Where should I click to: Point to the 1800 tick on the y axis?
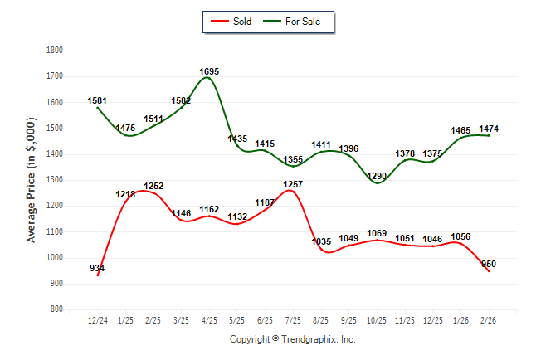pyautogui.click(x=55, y=51)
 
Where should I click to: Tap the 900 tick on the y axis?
pyautogui.click(x=56, y=284)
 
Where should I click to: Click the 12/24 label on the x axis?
pyautogui.click(x=97, y=320)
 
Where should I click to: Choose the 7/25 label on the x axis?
pyautogui.click(x=292, y=320)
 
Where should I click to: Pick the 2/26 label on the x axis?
pyautogui.click(x=489, y=320)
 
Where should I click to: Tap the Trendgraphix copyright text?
pyautogui.click(x=292, y=339)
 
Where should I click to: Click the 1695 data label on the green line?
pyautogui.click(x=209, y=72)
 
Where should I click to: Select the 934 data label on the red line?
pyautogui.click(x=97, y=268)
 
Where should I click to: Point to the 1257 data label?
pyautogui.click(x=293, y=183)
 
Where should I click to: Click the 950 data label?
pyautogui.click(x=489, y=264)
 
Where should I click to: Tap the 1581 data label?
pyautogui.click(x=97, y=101)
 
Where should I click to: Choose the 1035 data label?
pyautogui.click(x=321, y=241)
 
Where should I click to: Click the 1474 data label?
pyautogui.click(x=489, y=129)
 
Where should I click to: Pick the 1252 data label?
pyautogui.click(x=153, y=187)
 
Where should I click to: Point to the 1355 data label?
pyautogui.click(x=293, y=159)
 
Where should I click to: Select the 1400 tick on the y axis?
pyautogui.click(x=55, y=154)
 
